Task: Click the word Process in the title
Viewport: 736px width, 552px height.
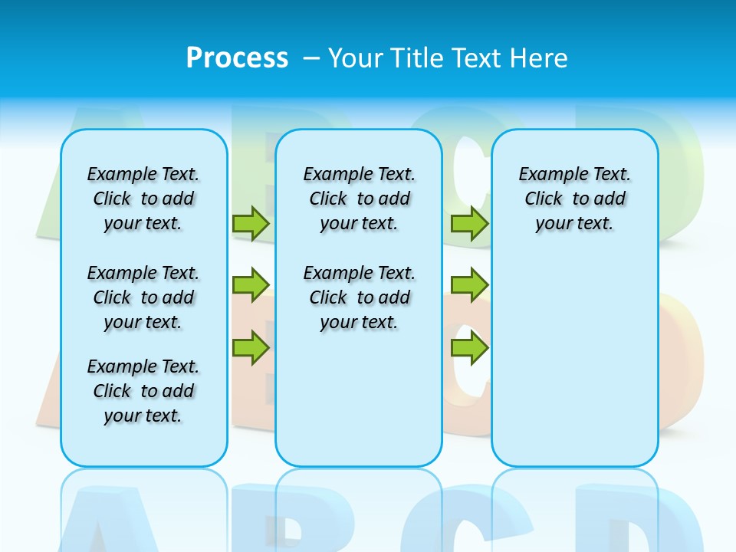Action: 237,58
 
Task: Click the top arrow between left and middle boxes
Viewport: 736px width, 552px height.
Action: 251,224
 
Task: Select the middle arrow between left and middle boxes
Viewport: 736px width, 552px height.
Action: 251,285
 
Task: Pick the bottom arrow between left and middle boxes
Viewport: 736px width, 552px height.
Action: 251,348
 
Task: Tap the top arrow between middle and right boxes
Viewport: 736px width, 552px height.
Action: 469,224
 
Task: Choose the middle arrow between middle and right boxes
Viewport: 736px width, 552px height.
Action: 469,285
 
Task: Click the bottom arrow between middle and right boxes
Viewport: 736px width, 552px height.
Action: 469,348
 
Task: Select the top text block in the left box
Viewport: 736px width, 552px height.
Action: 143,199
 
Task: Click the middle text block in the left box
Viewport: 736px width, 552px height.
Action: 143,297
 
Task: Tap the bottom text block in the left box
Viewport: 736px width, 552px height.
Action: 143,391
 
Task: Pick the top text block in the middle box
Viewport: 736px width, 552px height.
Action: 359,199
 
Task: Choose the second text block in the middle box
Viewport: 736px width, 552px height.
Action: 359,297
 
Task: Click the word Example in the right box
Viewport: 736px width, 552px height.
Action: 547,175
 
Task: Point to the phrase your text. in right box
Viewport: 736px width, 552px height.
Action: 574,224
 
